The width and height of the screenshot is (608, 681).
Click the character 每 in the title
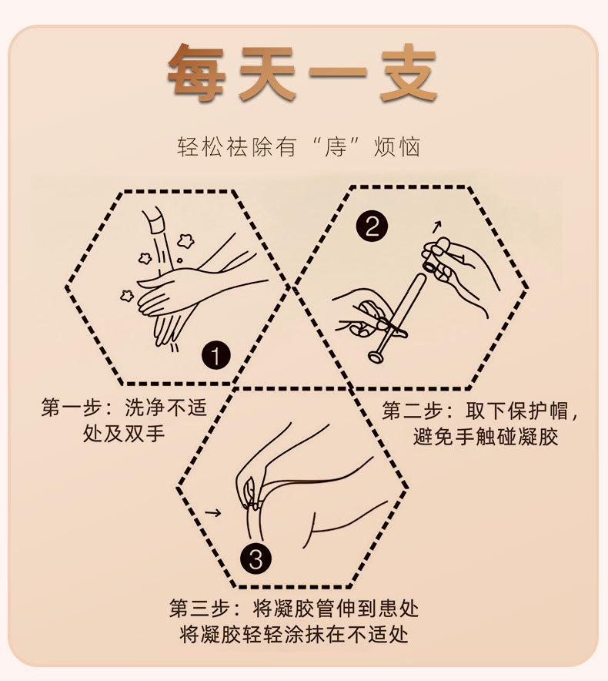(x=196, y=73)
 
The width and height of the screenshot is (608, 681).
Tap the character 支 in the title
(x=408, y=73)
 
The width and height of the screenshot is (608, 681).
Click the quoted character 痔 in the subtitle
(x=336, y=147)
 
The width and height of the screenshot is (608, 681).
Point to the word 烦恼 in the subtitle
(x=396, y=147)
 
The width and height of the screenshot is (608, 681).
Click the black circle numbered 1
(x=215, y=356)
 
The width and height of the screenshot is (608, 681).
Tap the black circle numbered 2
(x=371, y=226)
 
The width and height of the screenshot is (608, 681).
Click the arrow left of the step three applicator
(x=212, y=513)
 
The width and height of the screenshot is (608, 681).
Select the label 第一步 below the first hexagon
(x=72, y=408)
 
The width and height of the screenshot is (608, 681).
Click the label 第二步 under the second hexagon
(x=413, y=411)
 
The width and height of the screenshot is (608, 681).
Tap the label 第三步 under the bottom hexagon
(x=199, y=609)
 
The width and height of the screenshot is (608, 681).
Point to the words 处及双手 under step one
(x=124, y=433)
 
